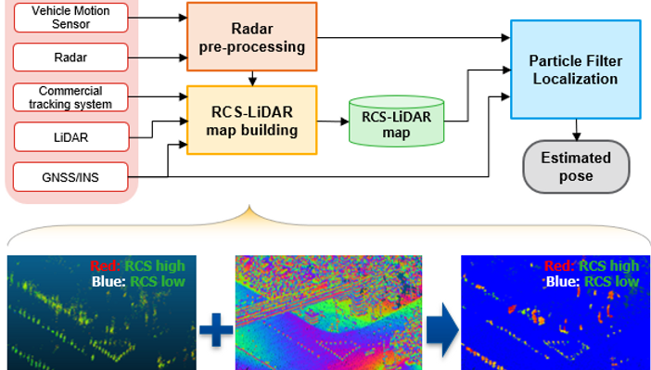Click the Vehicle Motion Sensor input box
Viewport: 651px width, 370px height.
pyautogui.click(x=70, y=18)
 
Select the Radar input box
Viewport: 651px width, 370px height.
pyautogui.click(x=70, y=57)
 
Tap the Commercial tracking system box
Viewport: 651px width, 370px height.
pyautogui.click(x=70, y=97)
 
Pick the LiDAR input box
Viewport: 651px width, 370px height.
pyautogui.click(x=71, y=136)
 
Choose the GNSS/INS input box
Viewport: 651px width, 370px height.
pyautogui.click(x=70, y=177)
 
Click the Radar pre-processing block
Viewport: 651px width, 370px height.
pyautogui.click(x=251, y=37)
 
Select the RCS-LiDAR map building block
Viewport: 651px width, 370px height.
pyautogui.click(x=251, y=120)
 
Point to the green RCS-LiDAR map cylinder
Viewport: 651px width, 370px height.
pyautogui.click(x=396, y=121)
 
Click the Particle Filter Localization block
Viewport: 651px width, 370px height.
pyautogui.click(x=576, y=70)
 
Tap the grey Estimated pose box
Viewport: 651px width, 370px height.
pyautogui.click(x=576, y=167)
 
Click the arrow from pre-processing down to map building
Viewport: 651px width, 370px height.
pyautogui.click(x=252, y=79)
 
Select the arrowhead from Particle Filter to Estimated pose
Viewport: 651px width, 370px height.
pyautogui.click(x=576, y=136)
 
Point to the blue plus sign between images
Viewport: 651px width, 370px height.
pyautogui.click(x=216, y=330)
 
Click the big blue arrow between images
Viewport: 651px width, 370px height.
pyautogui.click(x=442, y=330)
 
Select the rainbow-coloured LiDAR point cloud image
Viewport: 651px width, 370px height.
pyautogui.click(x=328, y=313)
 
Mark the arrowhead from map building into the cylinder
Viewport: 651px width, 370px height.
pyautogui.click(x=345, y=121)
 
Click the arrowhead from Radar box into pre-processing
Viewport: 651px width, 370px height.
pyautogui.click(x=183, y=57)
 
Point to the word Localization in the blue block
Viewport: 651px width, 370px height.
pyautogui.click(x=576, y=79)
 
